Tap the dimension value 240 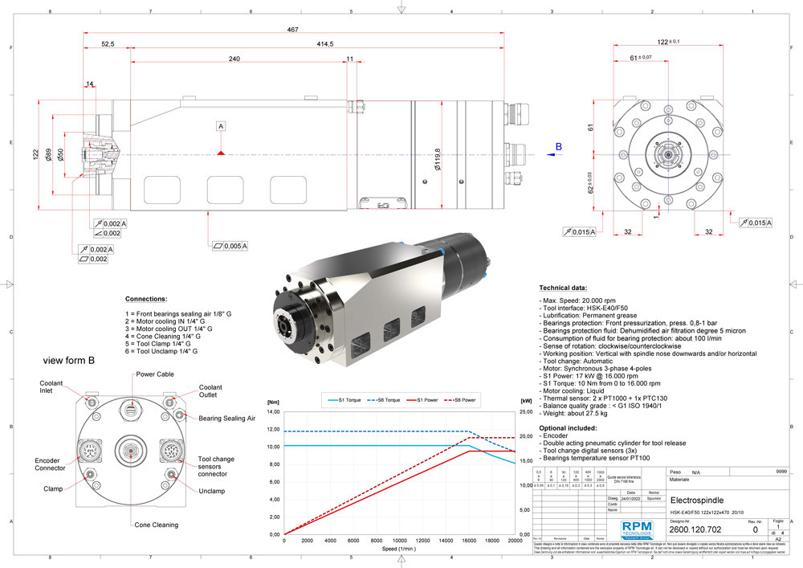(x=234, y=59)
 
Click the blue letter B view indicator (x=559, y=147)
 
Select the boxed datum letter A (x=221, y=126)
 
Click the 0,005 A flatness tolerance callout (x=230, y=245)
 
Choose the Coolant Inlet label (x=52, y=387)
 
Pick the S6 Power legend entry (x=464, y=399)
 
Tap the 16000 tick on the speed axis (x=470, y=540)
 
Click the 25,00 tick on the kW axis (x=527, y=411)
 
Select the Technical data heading (x=563, y=287)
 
